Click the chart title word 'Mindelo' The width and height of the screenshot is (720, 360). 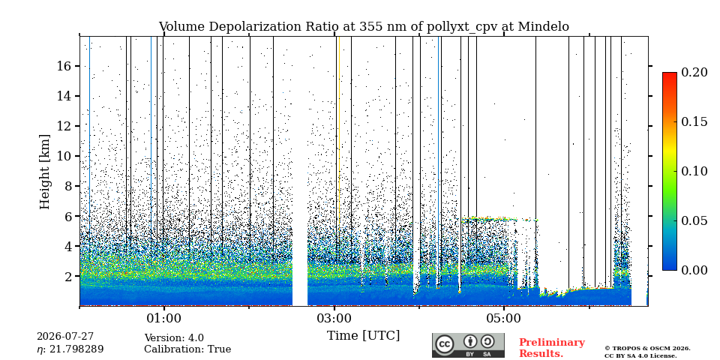[543, 27]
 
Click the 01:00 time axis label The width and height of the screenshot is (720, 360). [163, 319]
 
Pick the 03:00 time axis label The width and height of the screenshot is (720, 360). [334, 319]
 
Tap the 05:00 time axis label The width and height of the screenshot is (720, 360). [505, 319]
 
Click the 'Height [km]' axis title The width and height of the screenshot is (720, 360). [44, 171]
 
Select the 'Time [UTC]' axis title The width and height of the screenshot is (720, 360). [363, 336]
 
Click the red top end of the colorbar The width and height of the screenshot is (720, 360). [670, 74]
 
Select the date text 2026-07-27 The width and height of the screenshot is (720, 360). [65, 337]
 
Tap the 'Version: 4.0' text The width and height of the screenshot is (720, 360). [174, 338]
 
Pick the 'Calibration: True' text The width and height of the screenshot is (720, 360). [187, 349]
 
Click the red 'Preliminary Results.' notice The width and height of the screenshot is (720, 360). [552, 348]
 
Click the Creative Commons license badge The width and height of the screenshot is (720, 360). [468, 345]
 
